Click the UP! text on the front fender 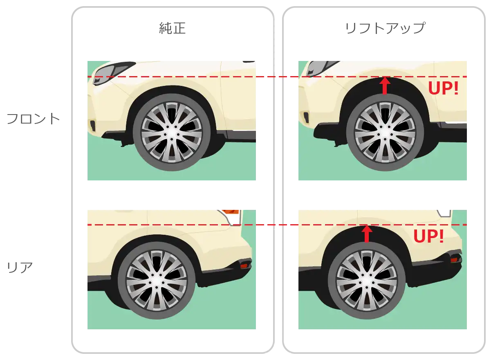click(443, 88)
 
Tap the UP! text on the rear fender click(428, 236)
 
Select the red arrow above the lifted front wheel click(384, 85)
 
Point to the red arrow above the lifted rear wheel click(366, 234)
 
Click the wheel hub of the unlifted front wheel click(171, 134)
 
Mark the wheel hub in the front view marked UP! click(385, 134)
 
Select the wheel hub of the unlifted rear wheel click(156, 282)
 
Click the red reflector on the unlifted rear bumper click(244, 266)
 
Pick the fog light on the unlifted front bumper click(93, 125)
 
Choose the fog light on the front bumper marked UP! click(305, 117)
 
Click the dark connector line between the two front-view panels click(277, 76)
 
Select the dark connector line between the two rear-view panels click(277, 224)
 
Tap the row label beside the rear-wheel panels click(19, 269)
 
